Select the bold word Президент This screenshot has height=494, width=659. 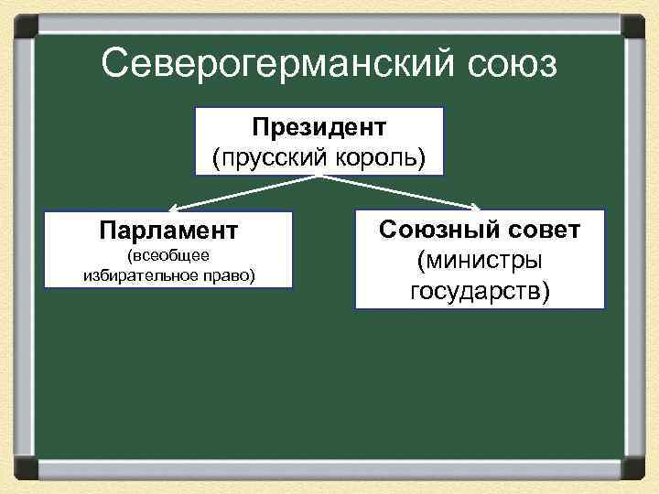(319, 125)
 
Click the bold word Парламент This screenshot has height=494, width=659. (168, 228)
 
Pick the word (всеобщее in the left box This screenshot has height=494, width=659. (169, 253)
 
